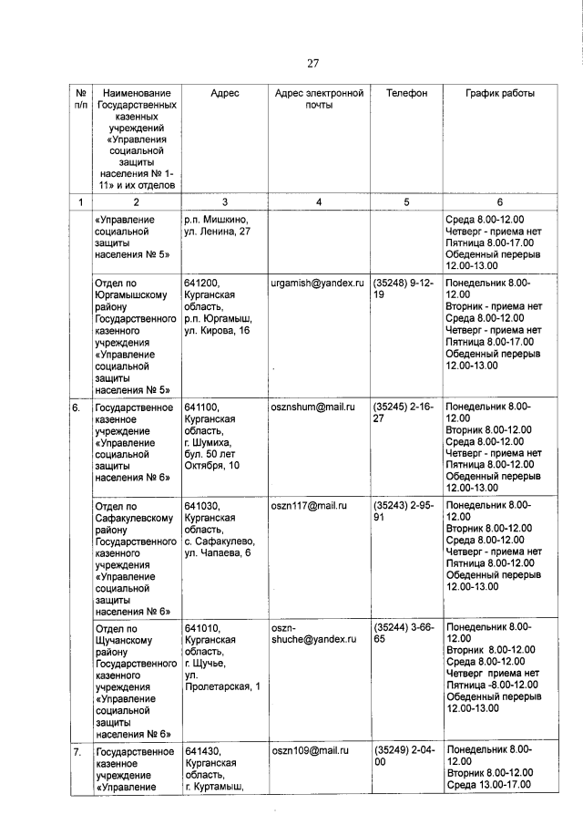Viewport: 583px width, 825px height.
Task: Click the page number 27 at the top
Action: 312,64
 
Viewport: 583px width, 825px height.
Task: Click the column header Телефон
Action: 406,94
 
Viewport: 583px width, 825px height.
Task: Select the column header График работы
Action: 500,94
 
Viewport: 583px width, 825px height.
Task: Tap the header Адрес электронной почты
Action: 319,99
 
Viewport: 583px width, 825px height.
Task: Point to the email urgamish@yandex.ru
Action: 317,284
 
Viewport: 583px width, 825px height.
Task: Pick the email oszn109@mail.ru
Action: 309,752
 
